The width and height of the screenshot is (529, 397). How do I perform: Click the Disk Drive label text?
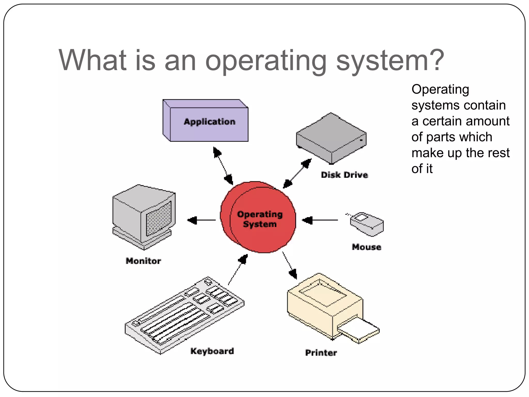344,175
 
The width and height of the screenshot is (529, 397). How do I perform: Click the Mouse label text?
366,247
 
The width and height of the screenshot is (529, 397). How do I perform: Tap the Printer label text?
321,353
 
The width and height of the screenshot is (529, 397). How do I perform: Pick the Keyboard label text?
212,351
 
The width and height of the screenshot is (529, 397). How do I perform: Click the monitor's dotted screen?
159,218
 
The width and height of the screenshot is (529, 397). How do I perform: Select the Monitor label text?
143,261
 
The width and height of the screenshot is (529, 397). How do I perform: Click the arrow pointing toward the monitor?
201,220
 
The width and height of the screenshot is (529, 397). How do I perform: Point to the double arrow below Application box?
223,166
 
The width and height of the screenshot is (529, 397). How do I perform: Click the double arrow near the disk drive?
297,173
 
